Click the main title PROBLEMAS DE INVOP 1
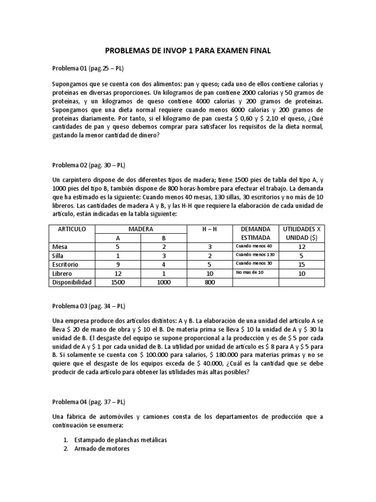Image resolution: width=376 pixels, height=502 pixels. tap(188, 50)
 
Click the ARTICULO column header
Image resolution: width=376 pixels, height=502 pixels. tap(72, 229)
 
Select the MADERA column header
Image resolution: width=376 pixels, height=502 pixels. tap(141, 229)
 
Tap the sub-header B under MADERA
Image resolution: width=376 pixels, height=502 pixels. tap(164, 238)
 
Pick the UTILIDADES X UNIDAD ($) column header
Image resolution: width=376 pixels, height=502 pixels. tap(302, 233)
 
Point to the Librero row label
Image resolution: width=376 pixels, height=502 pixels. tap(62, 274)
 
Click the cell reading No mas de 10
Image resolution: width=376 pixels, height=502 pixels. tap(249, 273)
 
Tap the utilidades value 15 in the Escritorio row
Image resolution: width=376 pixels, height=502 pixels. tap(302, 265)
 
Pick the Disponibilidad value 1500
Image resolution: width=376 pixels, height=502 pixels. tap(117, 282)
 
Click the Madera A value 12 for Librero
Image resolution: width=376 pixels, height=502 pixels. tap(117, 274)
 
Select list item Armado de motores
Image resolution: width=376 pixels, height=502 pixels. tap(101, 448)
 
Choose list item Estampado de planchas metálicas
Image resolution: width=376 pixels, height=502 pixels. tap(120, 440)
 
